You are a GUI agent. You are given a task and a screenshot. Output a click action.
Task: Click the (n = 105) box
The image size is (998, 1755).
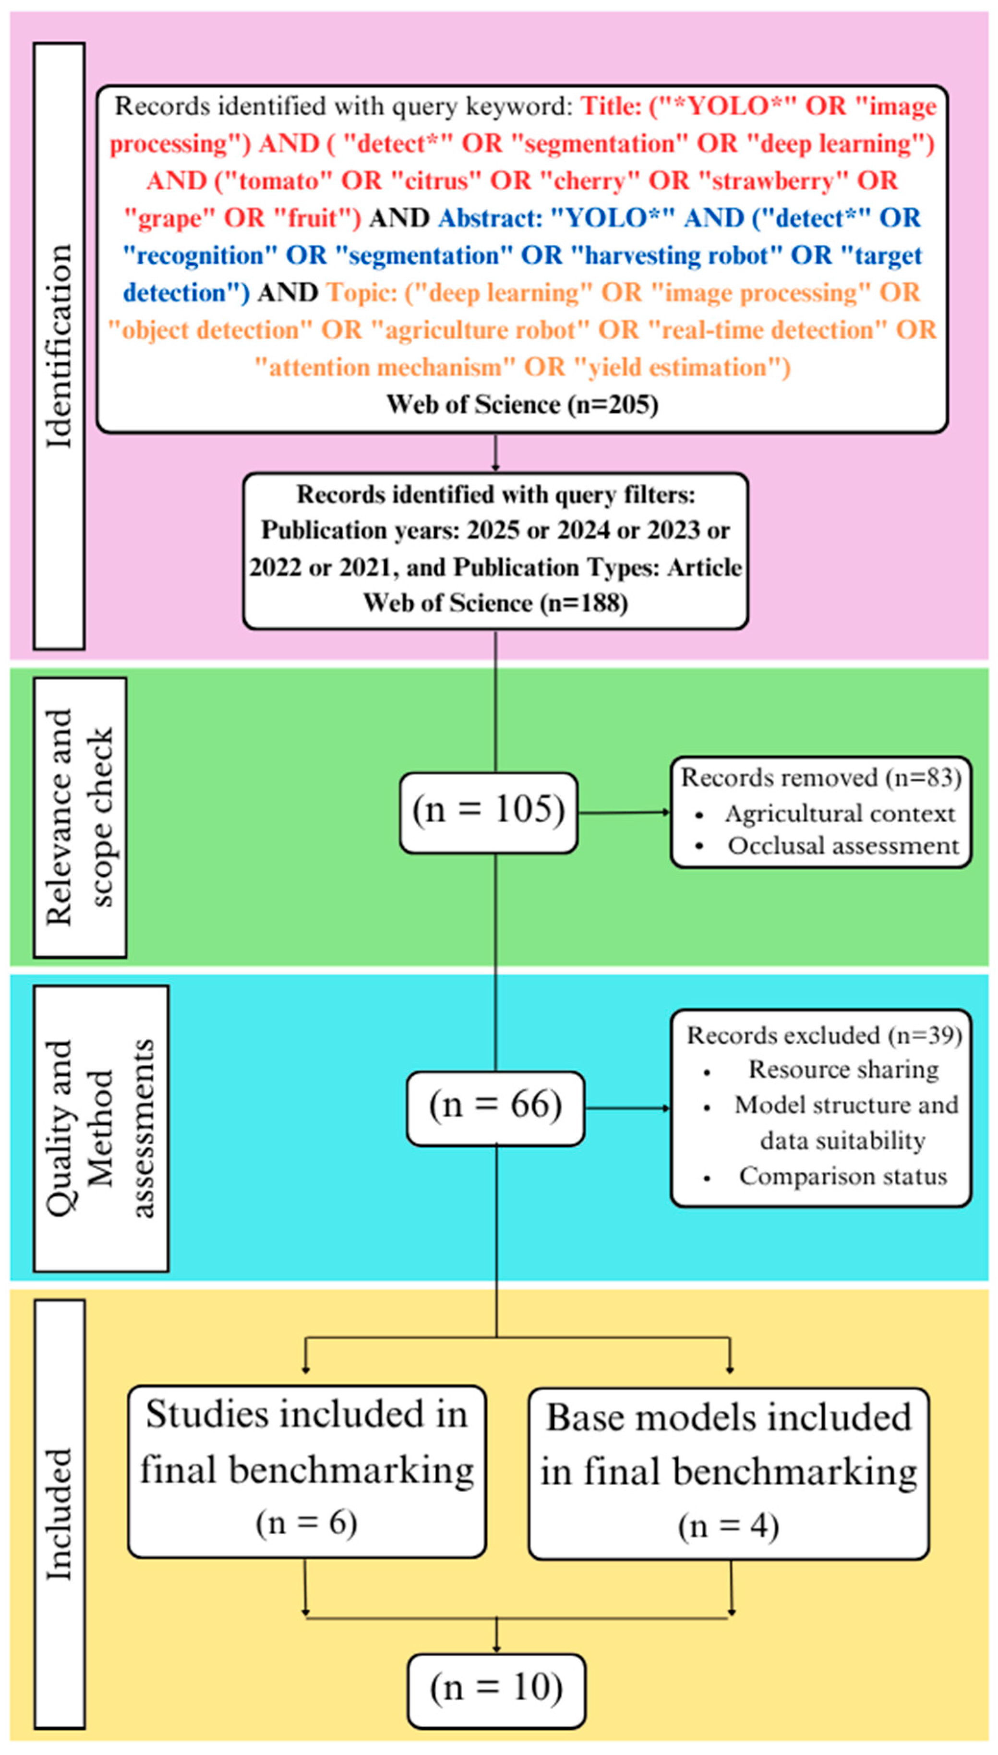(x=488, y=812)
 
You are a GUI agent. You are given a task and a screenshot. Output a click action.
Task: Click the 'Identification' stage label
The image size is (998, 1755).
(x=59, y=346)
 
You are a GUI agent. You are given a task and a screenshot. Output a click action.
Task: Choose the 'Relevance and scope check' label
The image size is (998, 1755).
(x=80, y=817)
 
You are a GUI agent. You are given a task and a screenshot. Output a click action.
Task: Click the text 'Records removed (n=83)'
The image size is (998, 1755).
(x=820, y=778)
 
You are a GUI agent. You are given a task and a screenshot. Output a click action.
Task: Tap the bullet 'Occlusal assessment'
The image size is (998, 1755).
(x=842, y=846)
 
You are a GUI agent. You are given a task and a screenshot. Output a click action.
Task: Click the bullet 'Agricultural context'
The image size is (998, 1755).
(x=839, y=814)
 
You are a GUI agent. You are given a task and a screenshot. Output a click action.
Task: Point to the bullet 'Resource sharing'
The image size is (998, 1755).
(x=843, y=1069)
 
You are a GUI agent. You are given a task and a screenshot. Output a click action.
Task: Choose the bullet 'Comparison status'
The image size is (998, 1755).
(x=842, y=1176)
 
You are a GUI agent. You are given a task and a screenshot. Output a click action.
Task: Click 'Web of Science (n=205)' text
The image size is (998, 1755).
(x=522, y=404)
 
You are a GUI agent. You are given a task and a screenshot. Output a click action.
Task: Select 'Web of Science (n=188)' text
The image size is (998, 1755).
(x=495, y=602)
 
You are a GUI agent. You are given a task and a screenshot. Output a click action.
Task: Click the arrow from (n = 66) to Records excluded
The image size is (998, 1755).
(x=626, y=1108)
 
